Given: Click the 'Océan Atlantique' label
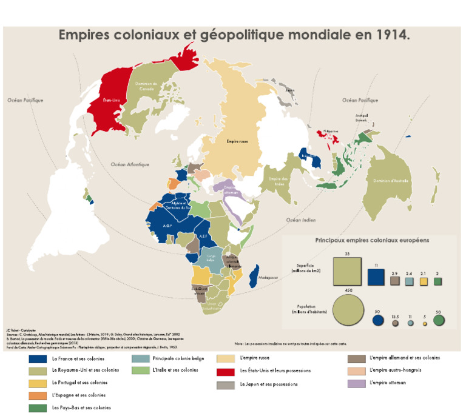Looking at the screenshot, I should (130, 164).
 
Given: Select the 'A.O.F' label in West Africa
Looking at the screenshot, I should (154, 224).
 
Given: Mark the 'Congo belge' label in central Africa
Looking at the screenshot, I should (211, 258).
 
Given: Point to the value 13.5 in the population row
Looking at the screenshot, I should (395, 317).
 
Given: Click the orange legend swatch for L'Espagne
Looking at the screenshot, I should (37, 395).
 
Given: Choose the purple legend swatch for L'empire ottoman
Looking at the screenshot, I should (355, 383).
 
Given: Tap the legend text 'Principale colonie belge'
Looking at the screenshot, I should (179, 358).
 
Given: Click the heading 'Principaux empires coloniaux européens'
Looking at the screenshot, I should (372, 240).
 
